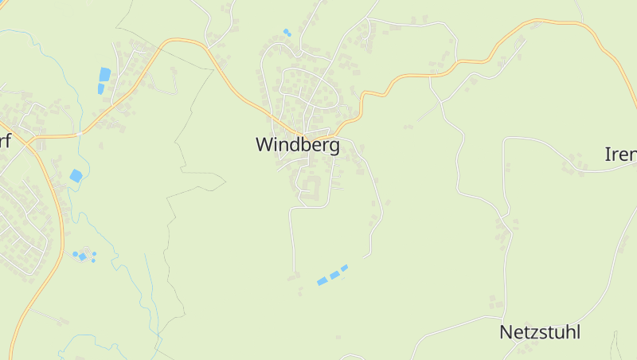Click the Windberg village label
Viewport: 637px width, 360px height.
coord(297,145)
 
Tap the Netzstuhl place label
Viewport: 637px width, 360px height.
coord(540,332)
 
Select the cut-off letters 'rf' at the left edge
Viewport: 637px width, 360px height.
coord(5,142)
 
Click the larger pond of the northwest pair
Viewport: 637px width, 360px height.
coord(104,74)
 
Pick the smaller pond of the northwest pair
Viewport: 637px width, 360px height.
coord(100,88)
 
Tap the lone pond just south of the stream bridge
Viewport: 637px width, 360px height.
coord(76,176)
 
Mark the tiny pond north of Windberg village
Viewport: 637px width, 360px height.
coord(287,33)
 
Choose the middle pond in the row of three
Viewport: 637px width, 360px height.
coord(334,275)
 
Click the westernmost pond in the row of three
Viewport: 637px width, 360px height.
coord(322,281)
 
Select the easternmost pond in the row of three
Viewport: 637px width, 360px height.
coord(345,268)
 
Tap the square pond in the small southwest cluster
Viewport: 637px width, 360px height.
coord(82,256)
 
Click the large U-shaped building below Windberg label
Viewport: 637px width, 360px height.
coord(310,188)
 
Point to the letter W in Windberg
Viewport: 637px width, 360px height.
coord(265,145)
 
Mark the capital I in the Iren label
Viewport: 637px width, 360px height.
coord(608,155)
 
